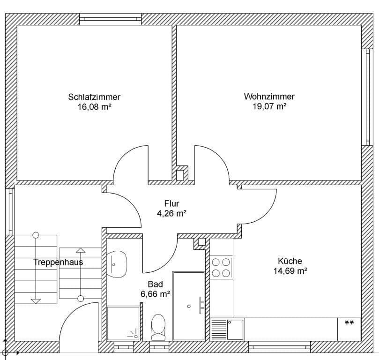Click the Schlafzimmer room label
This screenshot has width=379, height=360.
coord(94,97)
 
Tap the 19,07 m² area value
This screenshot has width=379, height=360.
coord(269,106)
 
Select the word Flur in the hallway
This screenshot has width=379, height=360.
coord(171,203)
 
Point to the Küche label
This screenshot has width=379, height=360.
coord(290,261)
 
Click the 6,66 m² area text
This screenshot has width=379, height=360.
coord(155,294)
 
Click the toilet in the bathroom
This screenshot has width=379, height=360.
coord(158,327)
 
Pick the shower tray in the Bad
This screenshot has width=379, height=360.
coord(123,322)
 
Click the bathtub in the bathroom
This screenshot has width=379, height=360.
coord(188,305)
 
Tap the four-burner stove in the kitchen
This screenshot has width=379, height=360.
coord(221,268)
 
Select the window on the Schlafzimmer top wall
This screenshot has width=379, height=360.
coord(110,19)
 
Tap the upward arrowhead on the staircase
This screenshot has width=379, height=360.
coord(81,251)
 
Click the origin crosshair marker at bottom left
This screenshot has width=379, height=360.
coord(6,352)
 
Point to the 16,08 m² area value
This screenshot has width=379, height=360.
coord(94,106)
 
